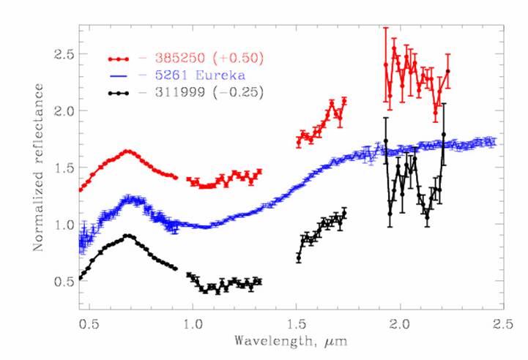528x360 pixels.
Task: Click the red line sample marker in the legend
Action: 119,58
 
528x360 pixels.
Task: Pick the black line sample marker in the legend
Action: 119,93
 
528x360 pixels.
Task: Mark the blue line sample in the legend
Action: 119,75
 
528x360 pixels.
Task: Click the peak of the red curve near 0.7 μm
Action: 128,151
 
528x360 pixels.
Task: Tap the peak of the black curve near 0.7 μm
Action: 128,236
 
